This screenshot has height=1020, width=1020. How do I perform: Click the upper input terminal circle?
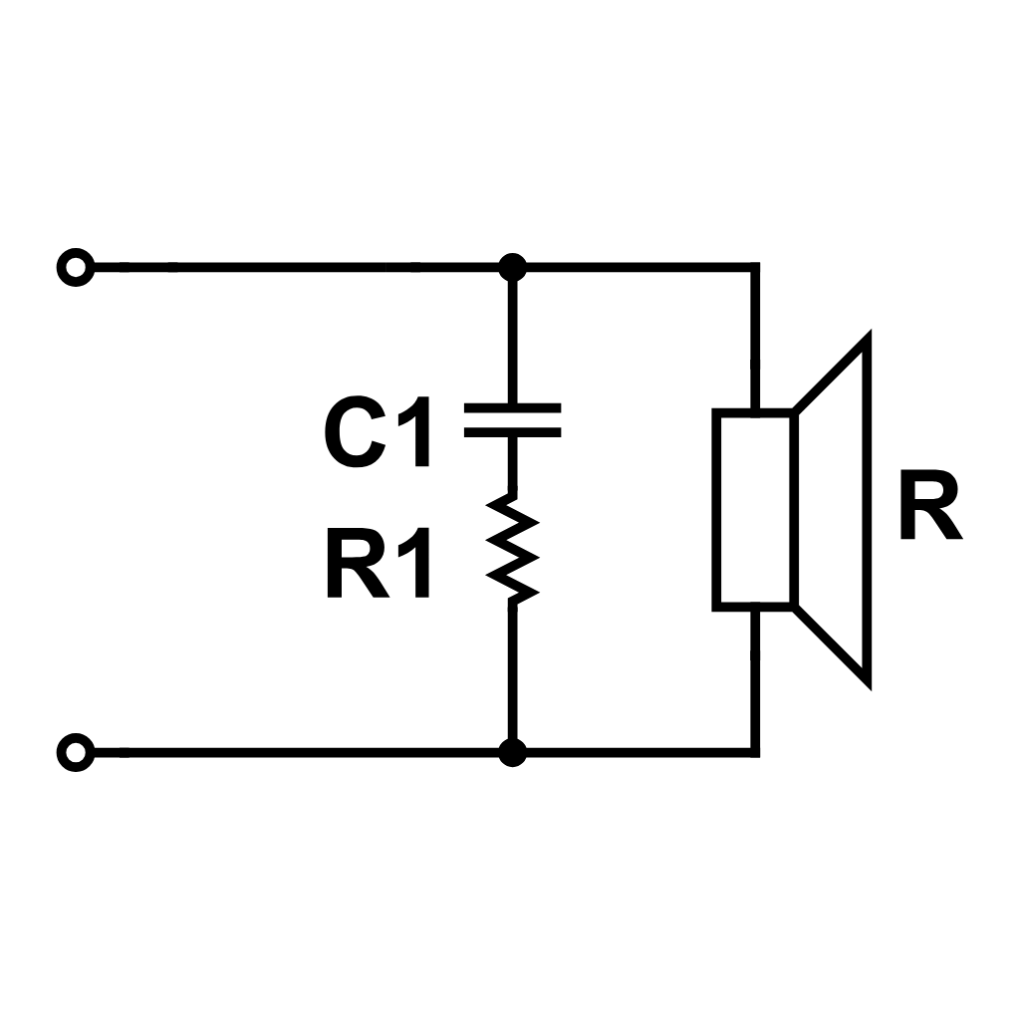tap(75, 268)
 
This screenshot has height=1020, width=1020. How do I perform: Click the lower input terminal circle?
tap(75, 752)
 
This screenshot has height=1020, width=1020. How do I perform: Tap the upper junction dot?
tap(512, 267)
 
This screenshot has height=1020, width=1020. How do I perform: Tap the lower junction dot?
tap(512, 752)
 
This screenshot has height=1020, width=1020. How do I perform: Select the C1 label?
tap(378, 436)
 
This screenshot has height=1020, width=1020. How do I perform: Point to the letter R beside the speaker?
tap(929, 508)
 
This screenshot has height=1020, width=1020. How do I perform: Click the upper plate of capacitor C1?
tap(512, 407)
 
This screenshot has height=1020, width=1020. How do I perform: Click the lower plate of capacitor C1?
tap(512, 432)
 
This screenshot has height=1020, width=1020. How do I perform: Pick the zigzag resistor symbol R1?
tap(512, 548)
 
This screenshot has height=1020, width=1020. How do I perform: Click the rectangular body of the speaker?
tap(753, 508)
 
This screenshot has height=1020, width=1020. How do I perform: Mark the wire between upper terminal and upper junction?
tap(299, 267)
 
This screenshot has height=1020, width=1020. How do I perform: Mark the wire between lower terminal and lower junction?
tap(299, 752)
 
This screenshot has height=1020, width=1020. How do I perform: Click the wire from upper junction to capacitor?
tap(512, 339)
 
